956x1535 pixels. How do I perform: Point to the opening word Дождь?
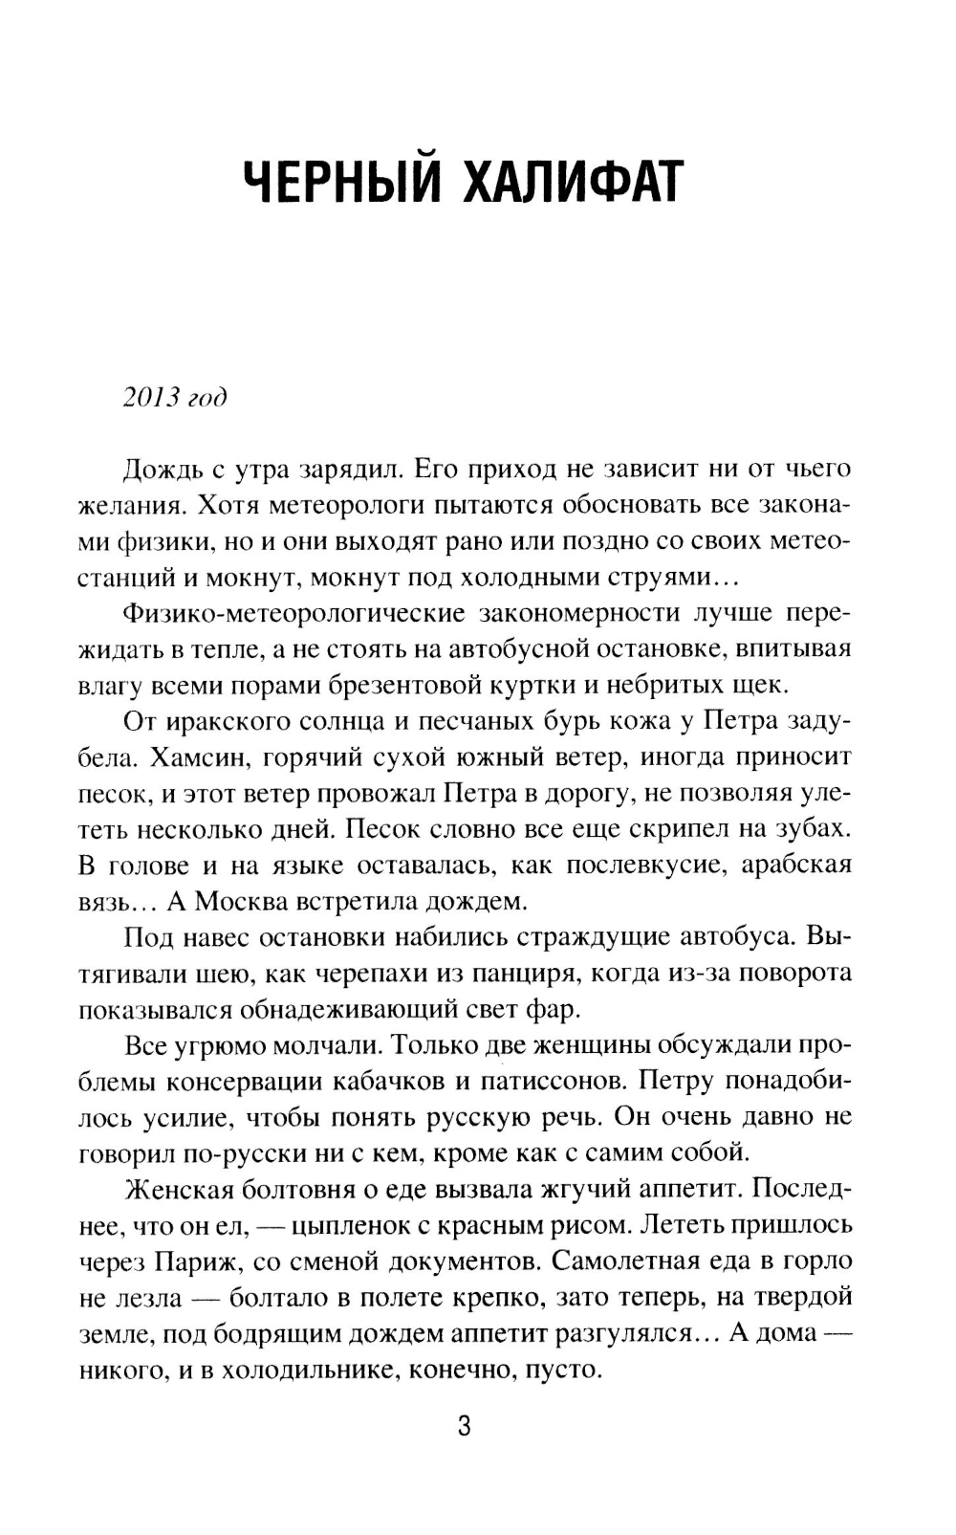tap(161, 469)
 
